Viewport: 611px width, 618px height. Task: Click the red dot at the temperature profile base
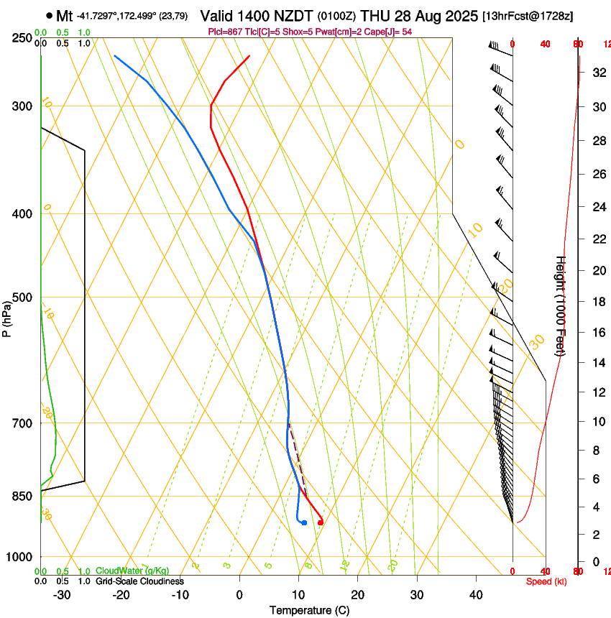[x=321, y=522]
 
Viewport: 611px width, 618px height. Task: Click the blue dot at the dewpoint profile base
[x=305, y=522]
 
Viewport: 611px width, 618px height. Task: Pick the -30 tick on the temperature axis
[x=62, y=595]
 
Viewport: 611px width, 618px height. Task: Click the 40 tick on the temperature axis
[x=476, y=595]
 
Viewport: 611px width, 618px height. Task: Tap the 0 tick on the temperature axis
[x=240, y=595]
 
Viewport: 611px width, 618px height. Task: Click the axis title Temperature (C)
[x=309, y=610]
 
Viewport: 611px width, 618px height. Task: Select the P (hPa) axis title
[x=7, y=318]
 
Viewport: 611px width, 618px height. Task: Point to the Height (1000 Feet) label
[x=561, y=305]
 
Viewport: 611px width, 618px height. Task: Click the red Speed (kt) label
[x=546, y=581]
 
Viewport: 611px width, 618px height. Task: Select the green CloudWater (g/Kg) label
[x=132, y=571]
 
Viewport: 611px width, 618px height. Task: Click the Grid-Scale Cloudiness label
[x=139, y=581]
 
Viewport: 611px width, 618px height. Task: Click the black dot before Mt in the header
[x=49, y=15]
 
